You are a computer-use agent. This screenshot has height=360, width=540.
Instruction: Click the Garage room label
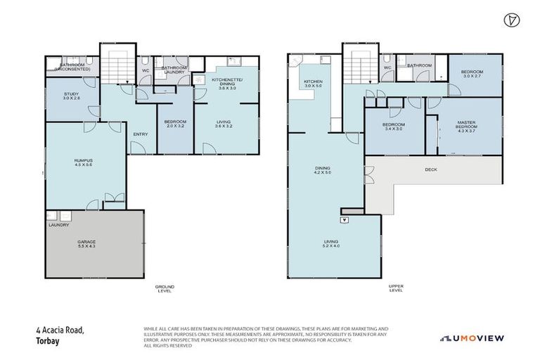pyautogui.click(x=86, y=244)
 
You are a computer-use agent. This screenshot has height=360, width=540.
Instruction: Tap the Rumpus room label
pyautogui.click(x=84, y=163)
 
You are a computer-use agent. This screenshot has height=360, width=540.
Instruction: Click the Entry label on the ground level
pyautogui.click(x=141, y=135)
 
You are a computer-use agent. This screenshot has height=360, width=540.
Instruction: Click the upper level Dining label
pyautogui.click(x=322, y=169)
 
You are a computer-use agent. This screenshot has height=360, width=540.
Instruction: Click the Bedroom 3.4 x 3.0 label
pyautogui.click(x=394, y=127)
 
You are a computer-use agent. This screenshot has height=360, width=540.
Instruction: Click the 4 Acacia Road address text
pyautogui.click(x=60, y=329)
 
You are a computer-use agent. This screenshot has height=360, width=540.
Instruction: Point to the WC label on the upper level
pyautogui.click(x=387, y=67)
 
